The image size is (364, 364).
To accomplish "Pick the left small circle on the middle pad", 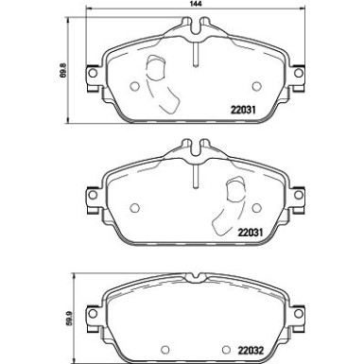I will tap(136, 210).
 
